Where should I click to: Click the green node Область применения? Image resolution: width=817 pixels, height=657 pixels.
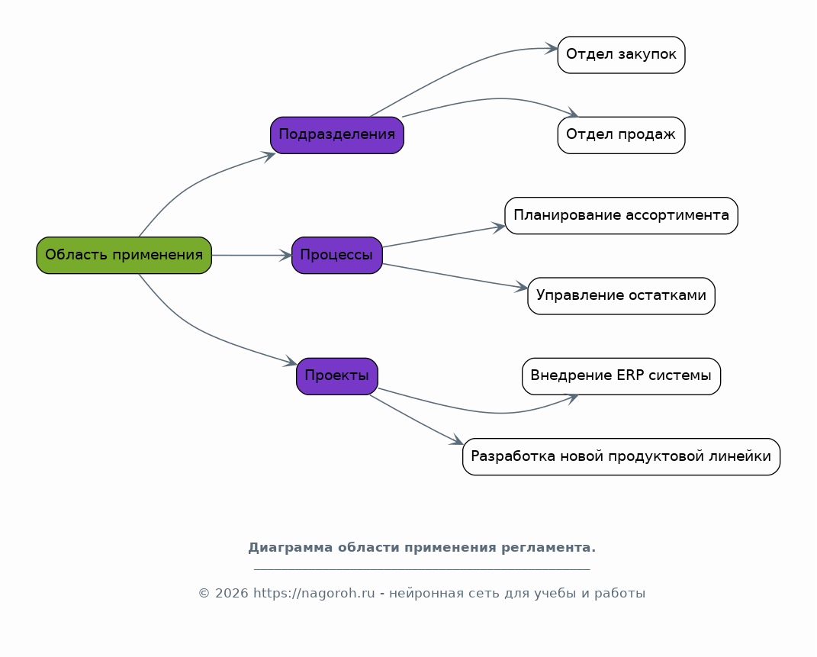pos(124,256)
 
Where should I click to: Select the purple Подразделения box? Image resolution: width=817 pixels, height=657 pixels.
pos(337,135)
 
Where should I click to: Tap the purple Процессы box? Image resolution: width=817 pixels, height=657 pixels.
pos(337,256)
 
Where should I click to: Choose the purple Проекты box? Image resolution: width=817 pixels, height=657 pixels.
pos(337,376)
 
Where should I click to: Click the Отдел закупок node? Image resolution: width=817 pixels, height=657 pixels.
pos(621,55)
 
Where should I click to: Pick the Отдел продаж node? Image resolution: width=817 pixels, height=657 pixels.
pos(621,135)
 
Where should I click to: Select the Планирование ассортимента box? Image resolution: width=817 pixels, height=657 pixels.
pos(621,216)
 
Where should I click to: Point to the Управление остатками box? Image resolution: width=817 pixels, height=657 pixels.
pos(621,296)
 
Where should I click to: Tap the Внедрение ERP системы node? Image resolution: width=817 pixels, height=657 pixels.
pos(621,376)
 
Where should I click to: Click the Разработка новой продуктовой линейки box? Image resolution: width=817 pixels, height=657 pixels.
pos(621,456)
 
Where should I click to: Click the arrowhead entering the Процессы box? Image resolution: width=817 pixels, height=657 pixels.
pos(285,256)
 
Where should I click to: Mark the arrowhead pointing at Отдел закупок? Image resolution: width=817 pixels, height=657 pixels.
pos(552,48)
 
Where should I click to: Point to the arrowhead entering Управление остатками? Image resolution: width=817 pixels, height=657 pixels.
pos(522,287)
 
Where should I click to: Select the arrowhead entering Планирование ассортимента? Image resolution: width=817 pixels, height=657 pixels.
pos(499,227)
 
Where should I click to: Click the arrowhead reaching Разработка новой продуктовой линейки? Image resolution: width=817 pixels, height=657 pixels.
pos(456,440)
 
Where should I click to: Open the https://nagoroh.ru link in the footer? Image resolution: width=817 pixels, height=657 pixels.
pos(314,594)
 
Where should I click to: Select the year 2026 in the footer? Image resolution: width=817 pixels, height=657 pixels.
pos(231,594)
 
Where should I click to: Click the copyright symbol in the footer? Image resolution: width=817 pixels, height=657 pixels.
pos(204,594)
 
